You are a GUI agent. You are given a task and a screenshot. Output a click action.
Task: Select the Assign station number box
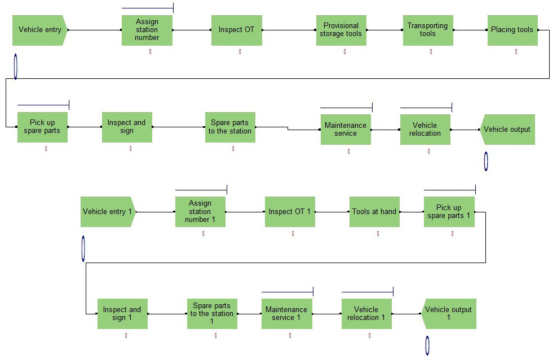(147, 30)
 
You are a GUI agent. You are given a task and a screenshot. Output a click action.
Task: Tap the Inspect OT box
(237, 30)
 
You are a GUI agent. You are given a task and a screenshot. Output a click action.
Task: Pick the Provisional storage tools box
(341, 30)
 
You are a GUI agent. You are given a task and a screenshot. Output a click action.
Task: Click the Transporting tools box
(428, 30)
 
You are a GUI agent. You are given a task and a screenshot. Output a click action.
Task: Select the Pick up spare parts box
(42, 127)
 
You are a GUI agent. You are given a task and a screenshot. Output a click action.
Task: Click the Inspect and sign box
(127, 127)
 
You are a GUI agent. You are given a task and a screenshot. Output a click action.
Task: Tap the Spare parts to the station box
(230, 127)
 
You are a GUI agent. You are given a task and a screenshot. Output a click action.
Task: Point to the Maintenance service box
(346, 130)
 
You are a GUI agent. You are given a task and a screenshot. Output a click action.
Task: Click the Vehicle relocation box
(425, 130)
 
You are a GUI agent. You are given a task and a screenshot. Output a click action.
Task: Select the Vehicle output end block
(507, 130)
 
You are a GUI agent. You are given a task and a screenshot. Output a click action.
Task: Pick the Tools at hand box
(374, 212)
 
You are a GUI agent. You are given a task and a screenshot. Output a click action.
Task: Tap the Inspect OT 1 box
(290, 212)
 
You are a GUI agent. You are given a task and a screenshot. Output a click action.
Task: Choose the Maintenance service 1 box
(286, 314)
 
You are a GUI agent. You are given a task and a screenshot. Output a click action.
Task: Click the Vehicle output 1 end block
(449, 314)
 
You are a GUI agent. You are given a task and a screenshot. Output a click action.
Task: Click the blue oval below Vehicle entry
(15, 66)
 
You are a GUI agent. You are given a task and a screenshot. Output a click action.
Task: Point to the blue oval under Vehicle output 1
(427, 345)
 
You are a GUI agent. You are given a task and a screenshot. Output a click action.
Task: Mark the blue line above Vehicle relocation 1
(367, 292)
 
